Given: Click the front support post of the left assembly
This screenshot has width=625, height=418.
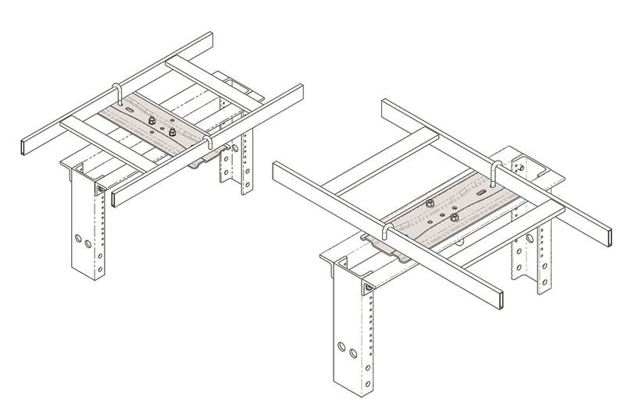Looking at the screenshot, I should pyautogui.click(x=87, y=234).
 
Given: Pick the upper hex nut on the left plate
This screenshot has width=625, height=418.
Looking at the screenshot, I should pyautogui.click(x=148, y=121).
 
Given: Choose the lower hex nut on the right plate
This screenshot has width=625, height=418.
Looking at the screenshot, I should pyautogui.click(x=454, y=220).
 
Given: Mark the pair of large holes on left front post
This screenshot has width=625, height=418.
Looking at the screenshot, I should pyautogui.click(x=81, y=239).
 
